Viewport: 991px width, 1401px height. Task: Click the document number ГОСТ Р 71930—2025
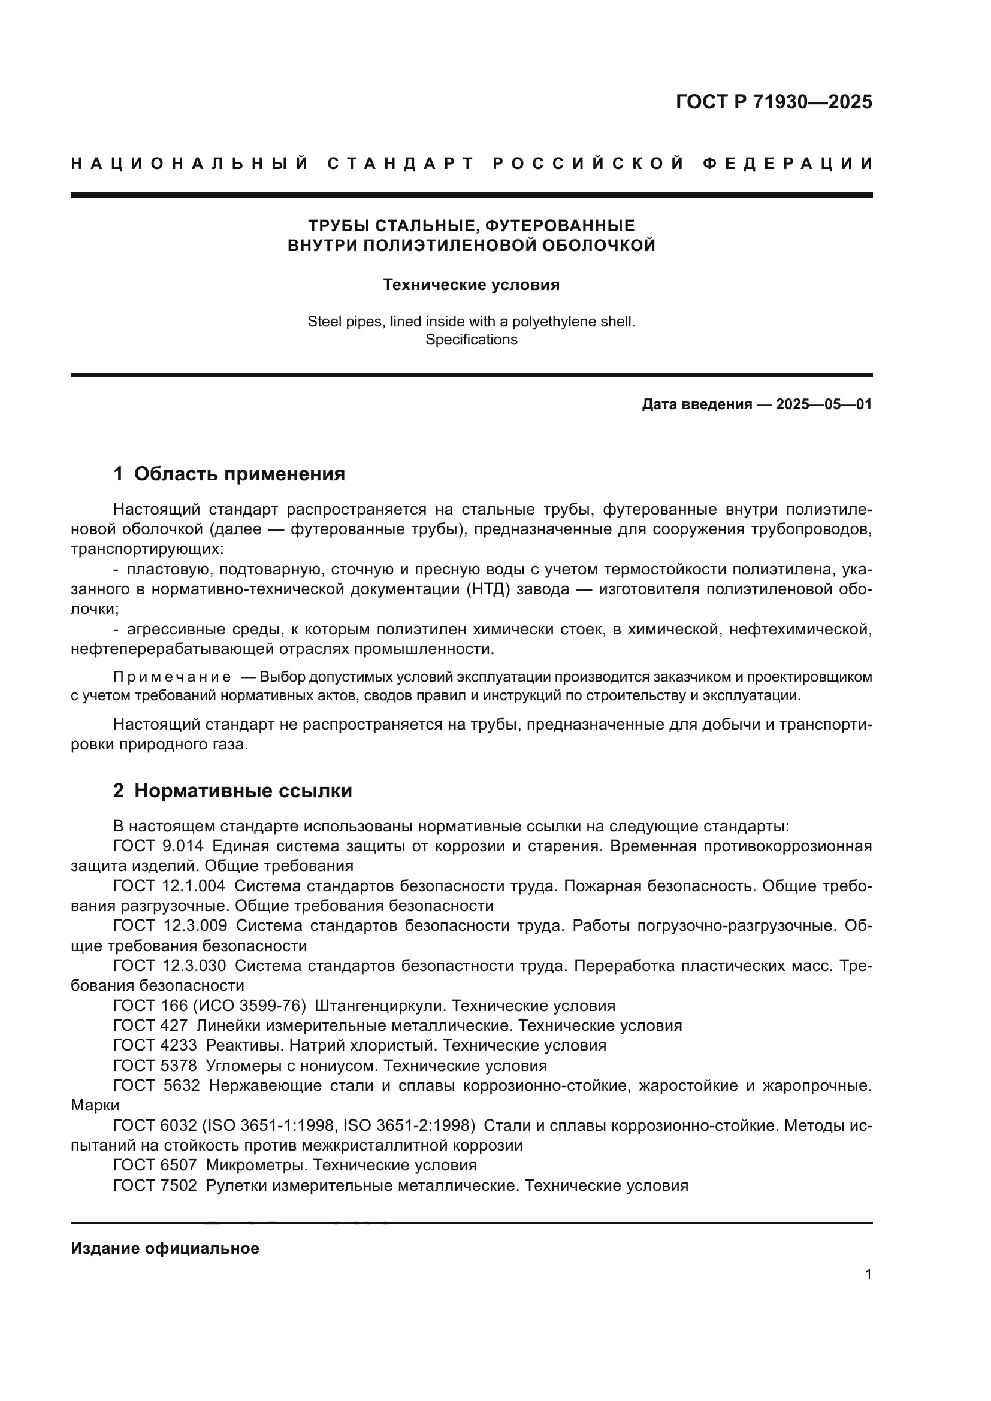coord(774,102)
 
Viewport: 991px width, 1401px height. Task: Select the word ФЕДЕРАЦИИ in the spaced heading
coord(788,164)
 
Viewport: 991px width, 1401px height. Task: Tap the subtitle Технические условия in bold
coord(471,285)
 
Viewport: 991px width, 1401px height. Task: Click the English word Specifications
coord(471,339)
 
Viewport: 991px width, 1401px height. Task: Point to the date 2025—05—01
coord(824,404)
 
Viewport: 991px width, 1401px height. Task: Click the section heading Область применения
coord(239,474)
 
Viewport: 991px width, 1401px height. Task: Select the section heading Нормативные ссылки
coord(243,791)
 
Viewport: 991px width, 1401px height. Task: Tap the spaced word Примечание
coord(172,677)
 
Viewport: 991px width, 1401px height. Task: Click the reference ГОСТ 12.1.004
coord(169,885)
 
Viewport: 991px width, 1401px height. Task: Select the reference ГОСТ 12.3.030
coord(169,966)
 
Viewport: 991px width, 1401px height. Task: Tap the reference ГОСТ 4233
coord(155,1045)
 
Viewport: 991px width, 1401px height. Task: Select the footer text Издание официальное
coord(165,1248)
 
